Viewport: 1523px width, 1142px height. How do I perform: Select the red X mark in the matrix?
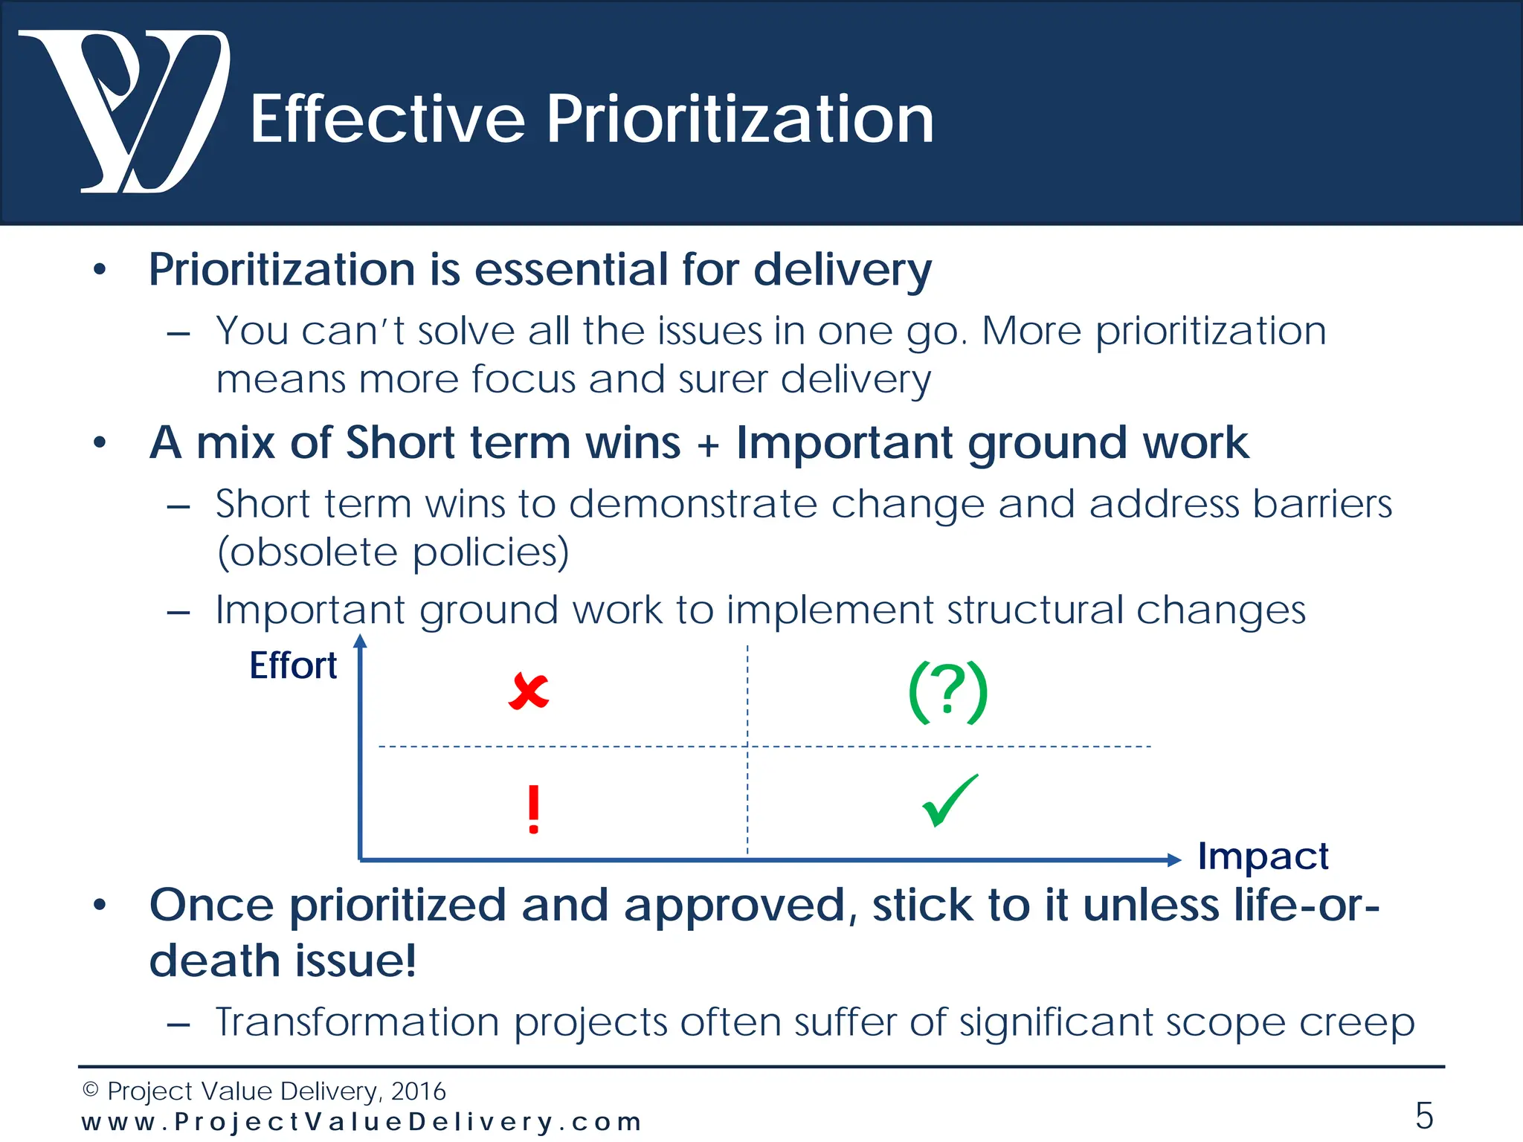point(529,691)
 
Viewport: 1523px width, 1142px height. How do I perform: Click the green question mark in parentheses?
point(948,691)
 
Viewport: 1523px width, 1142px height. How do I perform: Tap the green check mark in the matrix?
point(950,801)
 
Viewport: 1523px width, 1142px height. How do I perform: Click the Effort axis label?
point(293,665)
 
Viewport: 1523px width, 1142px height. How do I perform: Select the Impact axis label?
point(1263,856)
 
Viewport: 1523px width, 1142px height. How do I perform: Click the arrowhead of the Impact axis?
point(1174,860)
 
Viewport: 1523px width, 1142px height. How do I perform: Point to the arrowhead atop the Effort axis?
point(360,641)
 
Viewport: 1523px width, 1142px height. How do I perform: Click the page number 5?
point(1423,1115)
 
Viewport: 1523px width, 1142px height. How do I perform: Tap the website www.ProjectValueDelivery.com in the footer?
point(361,1121)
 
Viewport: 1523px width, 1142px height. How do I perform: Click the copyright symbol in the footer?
point(91,1090)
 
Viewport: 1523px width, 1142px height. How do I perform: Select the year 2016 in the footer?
point(418,1091)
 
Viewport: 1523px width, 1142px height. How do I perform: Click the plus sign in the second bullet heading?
point(708,445)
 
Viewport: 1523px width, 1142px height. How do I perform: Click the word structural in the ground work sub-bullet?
point(1034,610)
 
